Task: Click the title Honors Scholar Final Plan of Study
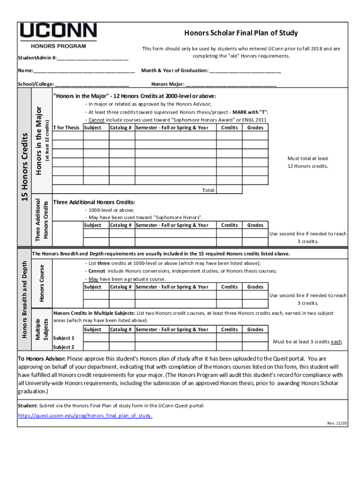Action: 241,33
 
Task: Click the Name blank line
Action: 84,71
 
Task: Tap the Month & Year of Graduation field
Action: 245,71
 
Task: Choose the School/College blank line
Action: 92,85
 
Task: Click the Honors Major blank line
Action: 231,85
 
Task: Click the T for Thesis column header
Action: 66,128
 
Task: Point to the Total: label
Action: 209,190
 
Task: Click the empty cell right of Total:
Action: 229,190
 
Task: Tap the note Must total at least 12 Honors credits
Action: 308,162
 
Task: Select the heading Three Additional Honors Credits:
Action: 94,202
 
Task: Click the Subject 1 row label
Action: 64,338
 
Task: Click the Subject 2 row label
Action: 64,347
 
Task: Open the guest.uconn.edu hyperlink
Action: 85,415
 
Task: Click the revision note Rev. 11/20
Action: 337,423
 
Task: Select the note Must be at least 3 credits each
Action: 308,342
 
